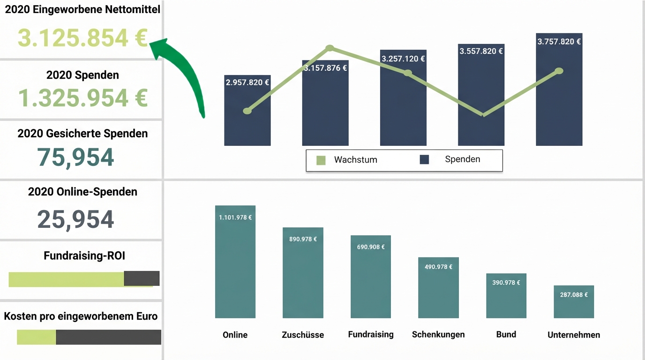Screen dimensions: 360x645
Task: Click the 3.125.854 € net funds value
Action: tap(82, 38)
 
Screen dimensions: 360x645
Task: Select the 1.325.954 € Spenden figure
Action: tap(82, 97)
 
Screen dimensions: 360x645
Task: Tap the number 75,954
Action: tap(75, 157)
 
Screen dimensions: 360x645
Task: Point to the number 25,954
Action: tap(75, 219)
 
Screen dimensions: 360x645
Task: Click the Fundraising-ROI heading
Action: tap(84, 255)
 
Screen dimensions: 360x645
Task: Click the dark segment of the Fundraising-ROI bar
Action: tap(142, 278)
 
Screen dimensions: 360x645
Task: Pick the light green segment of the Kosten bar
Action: tap(36, 337)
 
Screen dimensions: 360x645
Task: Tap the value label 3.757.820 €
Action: tap(559, 41)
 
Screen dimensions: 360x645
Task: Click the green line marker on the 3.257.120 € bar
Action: tap(408, 73)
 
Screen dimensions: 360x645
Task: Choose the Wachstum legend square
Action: tap(321, 160)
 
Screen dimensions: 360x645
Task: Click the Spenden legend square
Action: tap(424, 160)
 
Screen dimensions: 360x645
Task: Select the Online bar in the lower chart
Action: tap(235, 267)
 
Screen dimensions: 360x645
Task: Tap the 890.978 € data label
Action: tap(303, 239)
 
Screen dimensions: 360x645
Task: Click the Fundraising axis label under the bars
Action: tap(371, 334)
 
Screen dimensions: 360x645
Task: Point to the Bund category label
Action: tap(506, 334)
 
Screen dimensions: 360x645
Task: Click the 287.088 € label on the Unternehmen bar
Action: tap(574, 295)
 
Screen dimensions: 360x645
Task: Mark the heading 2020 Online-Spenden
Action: tap(82, 192)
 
